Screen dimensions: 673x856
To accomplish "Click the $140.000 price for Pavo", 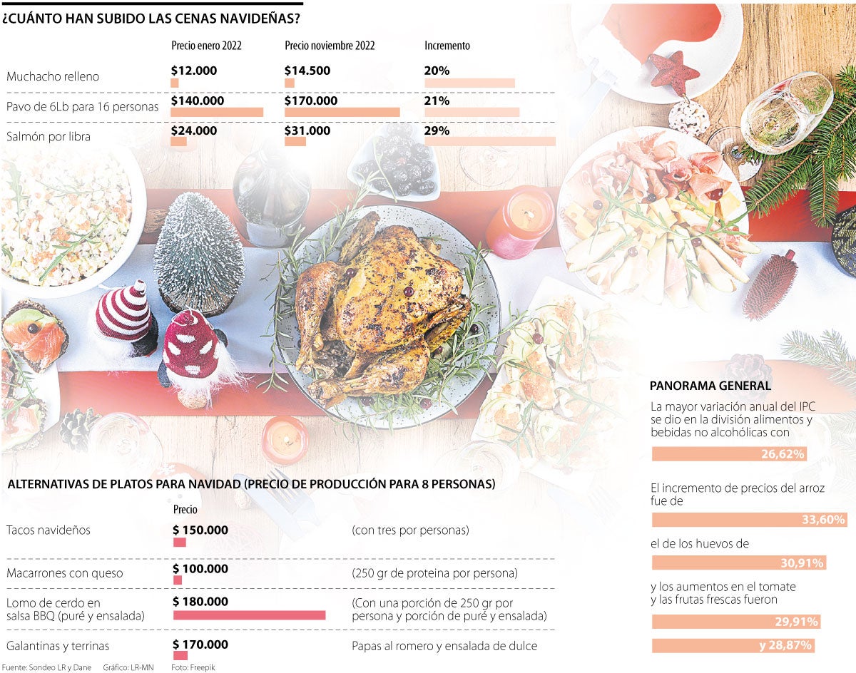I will pos(198,101).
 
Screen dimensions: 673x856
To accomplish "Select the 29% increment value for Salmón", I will pos(437,131).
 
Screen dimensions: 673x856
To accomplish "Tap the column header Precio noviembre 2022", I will pos(330,46).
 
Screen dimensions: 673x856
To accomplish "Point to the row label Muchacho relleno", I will pos(53,76).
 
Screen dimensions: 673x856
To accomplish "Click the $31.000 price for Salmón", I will pos(307,131).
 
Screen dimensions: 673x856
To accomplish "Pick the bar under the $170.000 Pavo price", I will pos(342,112).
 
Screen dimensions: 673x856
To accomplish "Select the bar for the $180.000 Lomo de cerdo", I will pos(249,615).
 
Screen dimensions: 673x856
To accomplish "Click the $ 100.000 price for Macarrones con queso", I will pos(201,569).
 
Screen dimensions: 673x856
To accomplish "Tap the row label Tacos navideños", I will pos(48,530).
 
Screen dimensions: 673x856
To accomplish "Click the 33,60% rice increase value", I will pos(823,520).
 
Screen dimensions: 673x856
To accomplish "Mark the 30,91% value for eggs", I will pos(802,563).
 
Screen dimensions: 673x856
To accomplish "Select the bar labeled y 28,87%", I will pos(733,645).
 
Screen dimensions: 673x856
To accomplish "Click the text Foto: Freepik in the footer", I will pos(193,667).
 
